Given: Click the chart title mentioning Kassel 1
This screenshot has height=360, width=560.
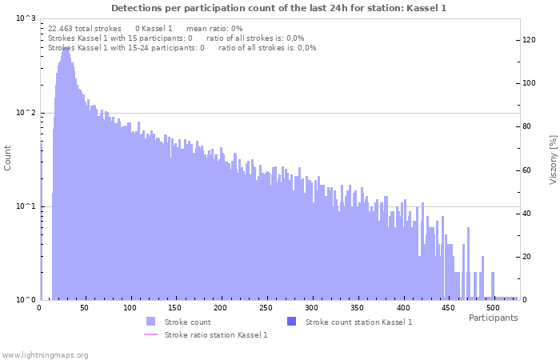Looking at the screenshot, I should point(279,8).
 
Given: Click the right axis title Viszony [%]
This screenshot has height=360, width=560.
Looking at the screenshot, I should point(552,159).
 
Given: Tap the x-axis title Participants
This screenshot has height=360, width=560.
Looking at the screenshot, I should point(493,318).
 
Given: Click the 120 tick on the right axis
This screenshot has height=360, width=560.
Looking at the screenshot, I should point(530,40).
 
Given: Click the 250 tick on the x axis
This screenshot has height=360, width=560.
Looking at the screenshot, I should point(266,308).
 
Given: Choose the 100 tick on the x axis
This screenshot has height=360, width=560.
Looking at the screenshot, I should point(130,308).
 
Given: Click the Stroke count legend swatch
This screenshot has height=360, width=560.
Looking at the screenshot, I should point(150,322).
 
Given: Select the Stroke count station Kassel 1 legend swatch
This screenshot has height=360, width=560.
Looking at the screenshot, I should point(291,322).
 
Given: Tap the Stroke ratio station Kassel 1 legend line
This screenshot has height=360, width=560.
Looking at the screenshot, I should point(150,334).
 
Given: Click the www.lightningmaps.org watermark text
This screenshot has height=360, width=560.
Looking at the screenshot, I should point(45,354).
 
